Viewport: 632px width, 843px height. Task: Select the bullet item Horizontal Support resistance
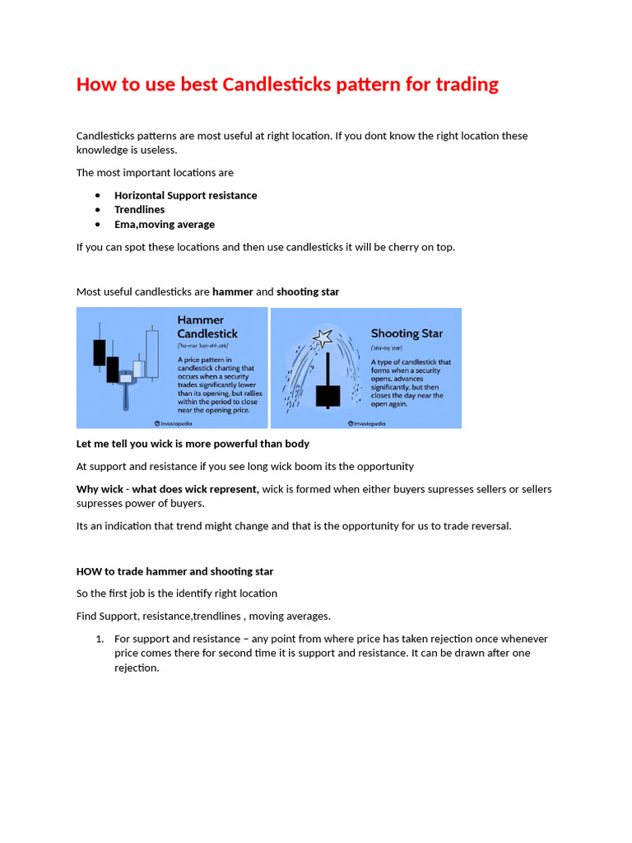click(x=185, y=195)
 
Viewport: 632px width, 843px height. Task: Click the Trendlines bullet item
click(x=139, y=209)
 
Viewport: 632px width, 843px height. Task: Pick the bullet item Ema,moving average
click(x=164, y=224)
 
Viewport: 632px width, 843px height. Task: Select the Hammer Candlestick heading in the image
click(x=207, y=327)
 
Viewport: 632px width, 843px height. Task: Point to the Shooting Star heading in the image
click(x=407, y=333)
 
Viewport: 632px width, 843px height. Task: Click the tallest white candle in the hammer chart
click(x=151, y=354)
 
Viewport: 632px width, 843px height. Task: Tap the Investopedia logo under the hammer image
click(x=174, y=423)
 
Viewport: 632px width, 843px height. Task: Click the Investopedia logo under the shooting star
click(x=367, y=423)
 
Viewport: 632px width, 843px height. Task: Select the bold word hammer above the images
click(x=233, y=291)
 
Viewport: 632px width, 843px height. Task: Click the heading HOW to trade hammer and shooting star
click(x=174, y=571)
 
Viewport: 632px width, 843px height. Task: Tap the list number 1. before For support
click(x=100, y=639)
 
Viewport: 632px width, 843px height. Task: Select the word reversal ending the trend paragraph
click(x=488, y=525)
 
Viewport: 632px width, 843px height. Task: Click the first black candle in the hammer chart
click(x=100, y=352)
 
